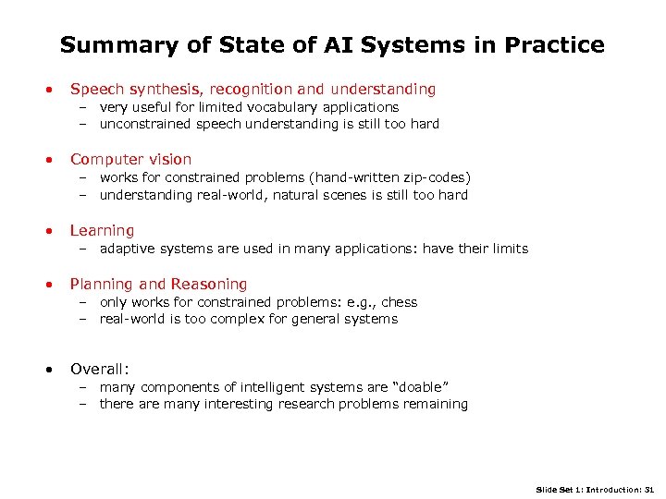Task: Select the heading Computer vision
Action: [130, 159]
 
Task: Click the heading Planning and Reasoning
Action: [158, 284]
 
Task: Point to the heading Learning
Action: [102, 230]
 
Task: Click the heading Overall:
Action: [99, 369]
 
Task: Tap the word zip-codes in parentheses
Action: [433, 177]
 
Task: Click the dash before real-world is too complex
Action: [81, 319]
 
